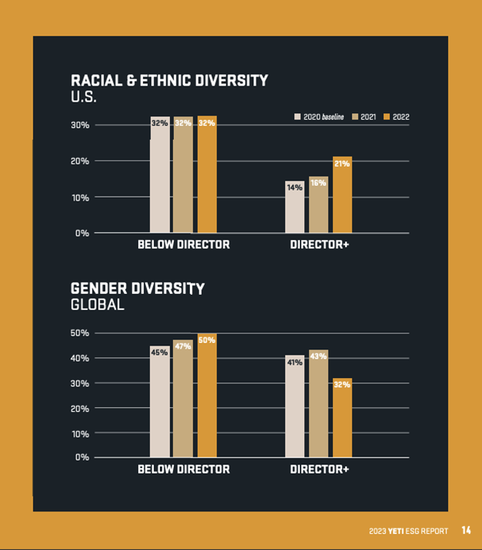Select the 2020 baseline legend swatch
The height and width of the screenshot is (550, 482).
pos(297,117)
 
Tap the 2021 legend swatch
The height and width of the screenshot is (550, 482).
pos(355,117)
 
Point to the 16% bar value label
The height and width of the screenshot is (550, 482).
pos(318,183)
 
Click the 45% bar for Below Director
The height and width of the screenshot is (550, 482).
pos(159,401)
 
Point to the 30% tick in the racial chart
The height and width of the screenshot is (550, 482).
pos(81,125)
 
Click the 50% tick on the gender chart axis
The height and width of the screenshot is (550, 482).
pos(81,333)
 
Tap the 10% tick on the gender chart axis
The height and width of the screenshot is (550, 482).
pos(81,433)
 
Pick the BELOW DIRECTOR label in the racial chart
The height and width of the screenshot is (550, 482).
pos(183,245)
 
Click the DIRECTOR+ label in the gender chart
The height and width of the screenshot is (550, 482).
pos(319,469)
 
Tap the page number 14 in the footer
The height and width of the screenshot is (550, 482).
pos(466,530)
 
